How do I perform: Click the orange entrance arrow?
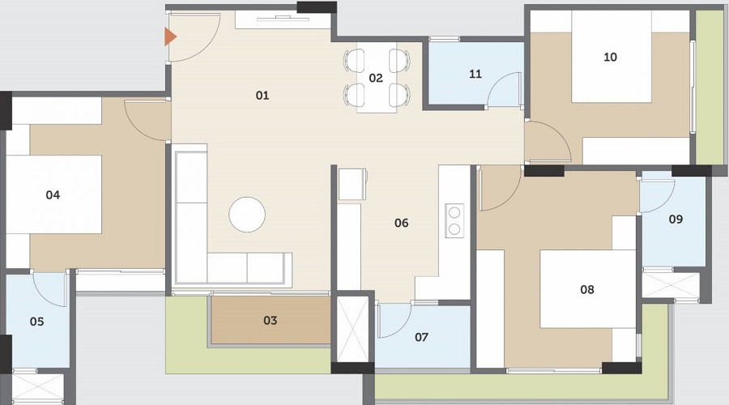[x=170, y=36]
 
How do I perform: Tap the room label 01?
[x=262, y=96]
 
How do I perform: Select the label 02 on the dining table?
[x=376, y=78]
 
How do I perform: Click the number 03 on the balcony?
[x=270, y=320]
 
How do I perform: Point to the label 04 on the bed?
[x=53, y=195]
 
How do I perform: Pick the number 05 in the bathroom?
[x=36, y=322]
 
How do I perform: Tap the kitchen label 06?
[x=401, y=223]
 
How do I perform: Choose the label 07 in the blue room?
[x=421, y=337]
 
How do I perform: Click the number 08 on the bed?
[x=587, y=290]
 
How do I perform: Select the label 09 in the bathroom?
[x=676, y=219]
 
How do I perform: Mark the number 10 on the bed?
[x=610, y=57]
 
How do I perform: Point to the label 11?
[x=475, y=74]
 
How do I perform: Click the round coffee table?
[x=247, y=215]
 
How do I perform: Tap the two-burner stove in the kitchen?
[x=454, y=220]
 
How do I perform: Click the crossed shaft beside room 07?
[x=352, y=329]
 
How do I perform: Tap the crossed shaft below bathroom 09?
[x=671, y=285]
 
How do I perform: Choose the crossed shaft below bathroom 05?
[x=38, y=386]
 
